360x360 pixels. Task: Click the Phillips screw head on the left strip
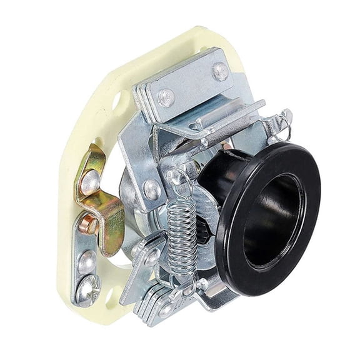(88, 288)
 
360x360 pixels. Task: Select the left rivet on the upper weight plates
(165, 96)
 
